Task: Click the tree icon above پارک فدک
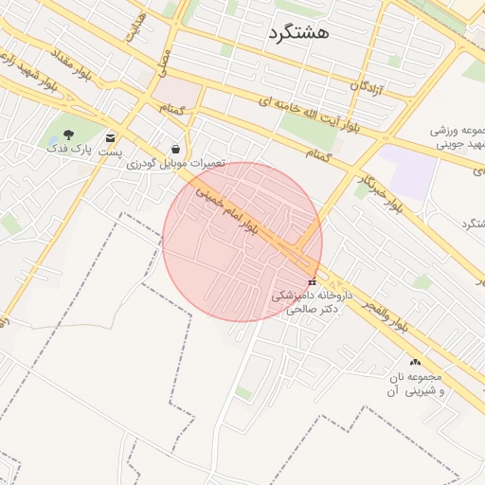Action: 68,135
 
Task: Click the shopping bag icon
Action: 176,149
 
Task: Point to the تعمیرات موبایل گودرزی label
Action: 176,163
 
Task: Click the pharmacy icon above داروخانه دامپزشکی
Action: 313,281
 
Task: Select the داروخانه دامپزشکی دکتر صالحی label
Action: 312,302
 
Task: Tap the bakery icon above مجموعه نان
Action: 415,363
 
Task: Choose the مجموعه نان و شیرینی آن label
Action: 415,384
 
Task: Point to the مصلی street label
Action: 167,63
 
